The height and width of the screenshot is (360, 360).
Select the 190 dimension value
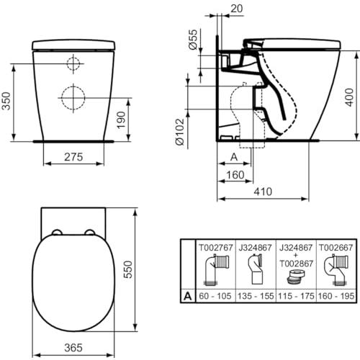(123, 117)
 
